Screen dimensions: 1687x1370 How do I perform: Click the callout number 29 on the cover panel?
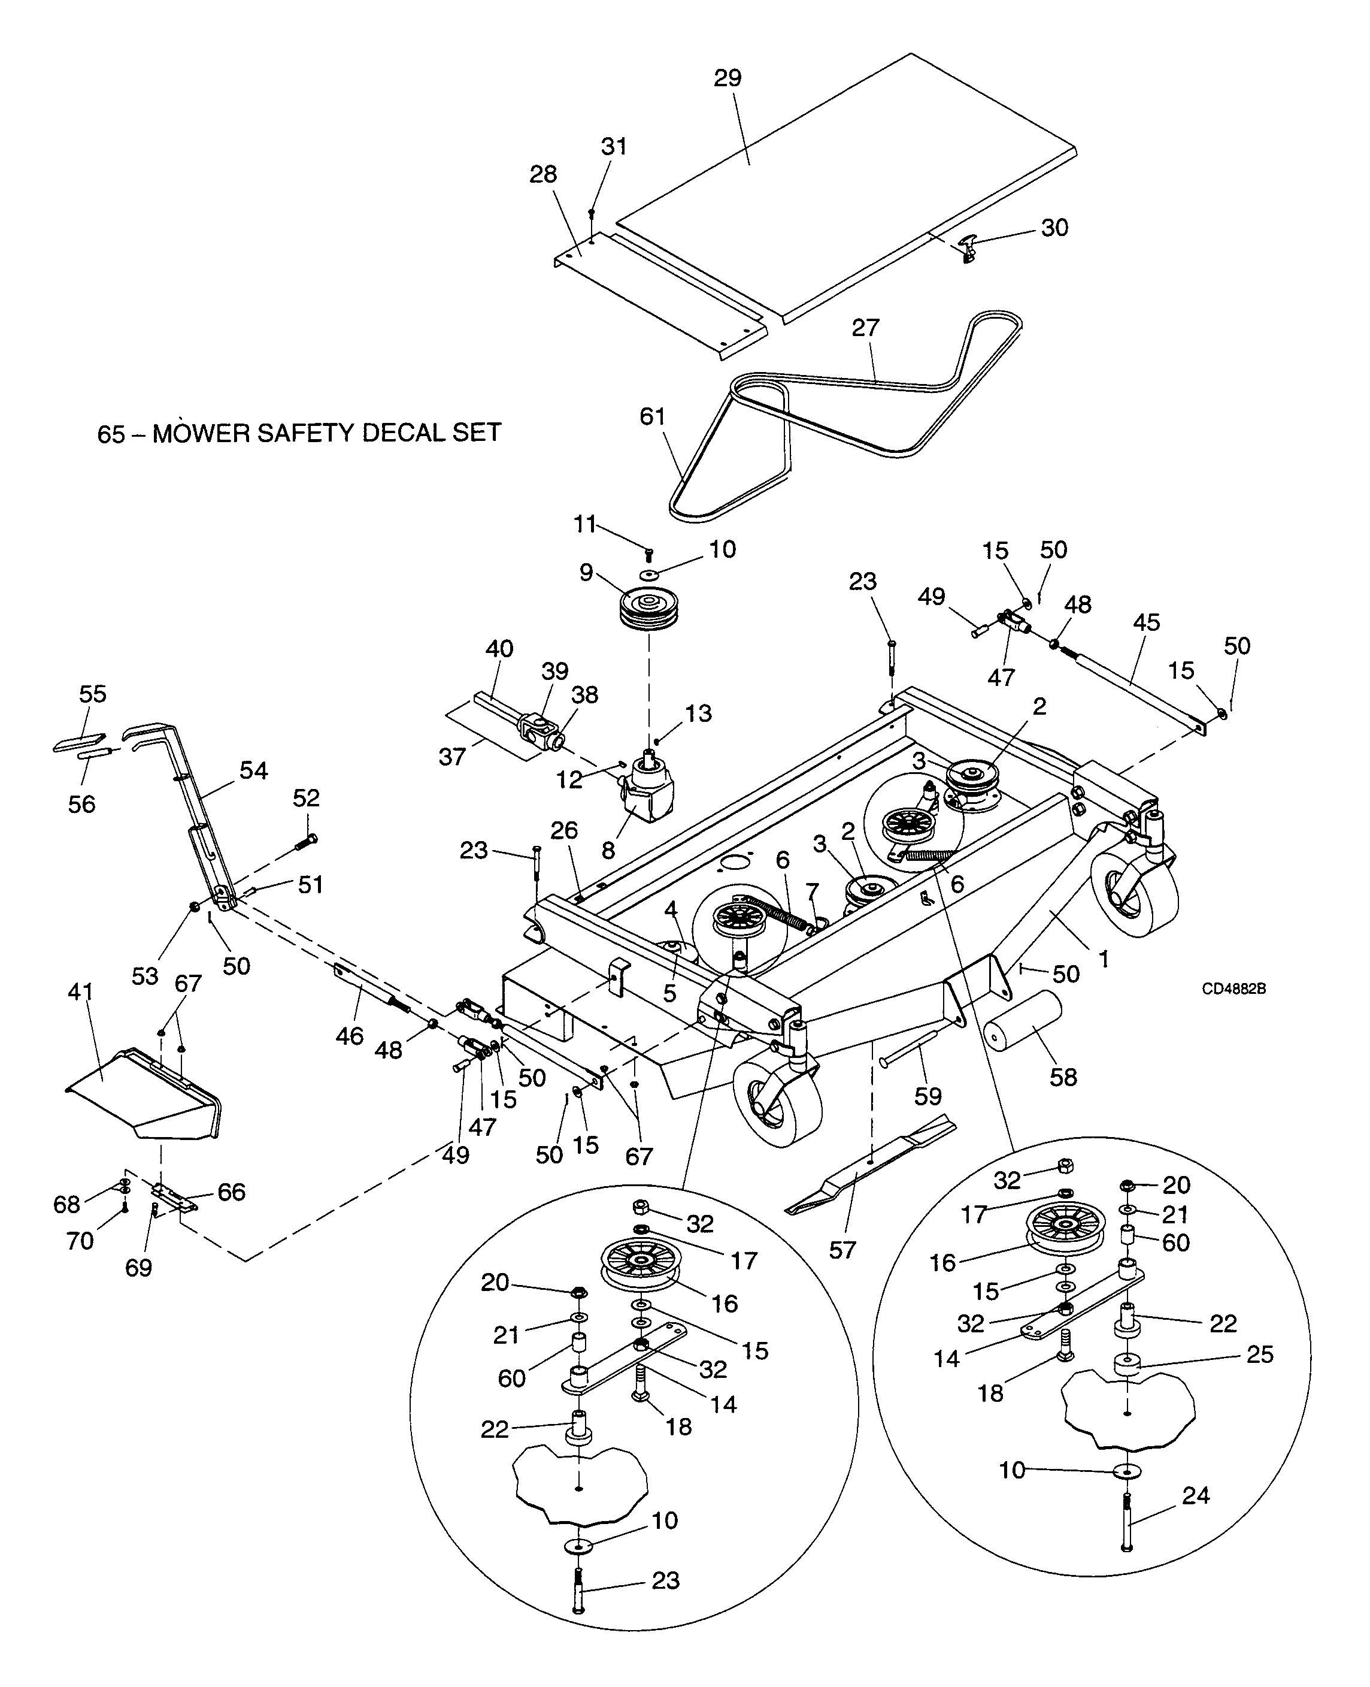[x=728, y=78]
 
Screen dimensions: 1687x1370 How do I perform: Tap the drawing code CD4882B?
[x=1233, y=989]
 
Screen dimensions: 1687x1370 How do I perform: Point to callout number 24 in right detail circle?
[x=1196, y=1495]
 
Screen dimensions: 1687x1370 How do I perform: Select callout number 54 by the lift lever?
[x=253, y=770]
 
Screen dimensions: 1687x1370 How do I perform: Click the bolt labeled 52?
[x=305, y=842]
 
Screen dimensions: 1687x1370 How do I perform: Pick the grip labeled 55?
[x=79, y=742]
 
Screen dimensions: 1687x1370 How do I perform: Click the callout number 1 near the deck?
[x=1104, y=959]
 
